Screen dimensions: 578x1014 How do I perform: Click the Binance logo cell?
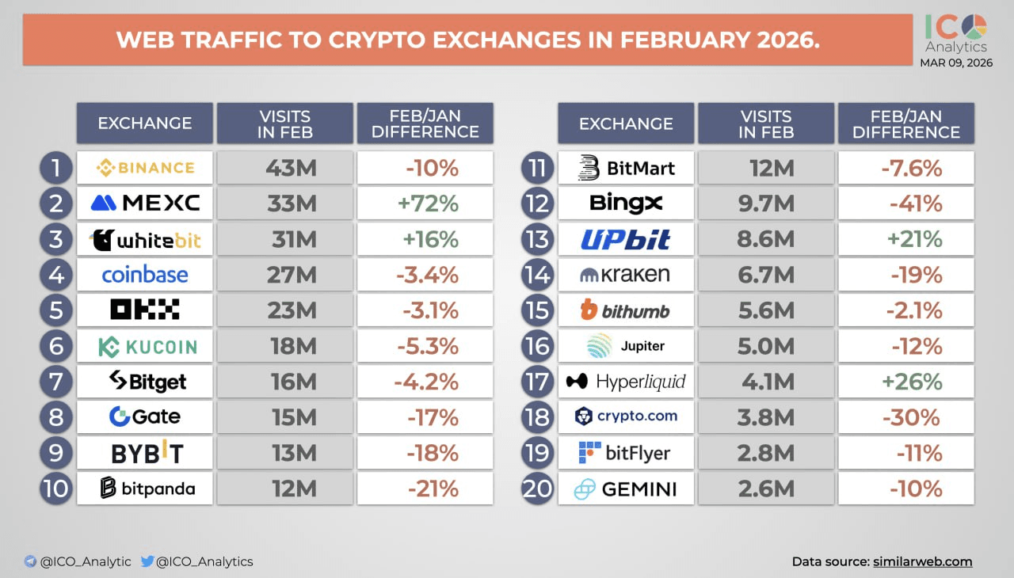coord(145,167)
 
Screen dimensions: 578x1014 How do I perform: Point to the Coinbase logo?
coord(145,275)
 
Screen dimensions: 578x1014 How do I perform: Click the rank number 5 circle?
coord(56,310)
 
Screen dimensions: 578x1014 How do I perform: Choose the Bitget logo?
coord(147,382)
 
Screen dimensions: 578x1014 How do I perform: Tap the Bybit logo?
coord(147,453)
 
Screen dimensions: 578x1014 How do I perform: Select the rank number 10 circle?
coord(56,489)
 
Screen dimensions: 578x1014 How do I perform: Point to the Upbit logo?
coord(626,239)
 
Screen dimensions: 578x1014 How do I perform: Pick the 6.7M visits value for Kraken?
coord(766,275)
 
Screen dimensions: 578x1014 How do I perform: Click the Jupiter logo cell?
coord(626,346)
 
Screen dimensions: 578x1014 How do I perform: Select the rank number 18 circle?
coord(537,417)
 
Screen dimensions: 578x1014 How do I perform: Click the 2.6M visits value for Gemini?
coord(766,489)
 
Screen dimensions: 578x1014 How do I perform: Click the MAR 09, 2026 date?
coord(955,63)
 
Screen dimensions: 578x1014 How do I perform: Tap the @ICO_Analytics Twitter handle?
coord(204,561)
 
